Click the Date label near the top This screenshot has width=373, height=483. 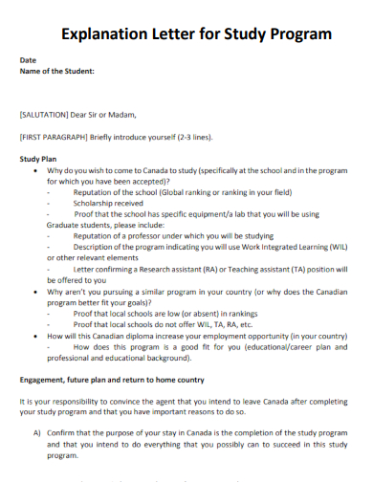(x=29, y=59)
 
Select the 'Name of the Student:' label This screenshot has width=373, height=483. (x=57, y=71)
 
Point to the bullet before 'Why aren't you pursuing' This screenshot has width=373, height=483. (x=35, y=290)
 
